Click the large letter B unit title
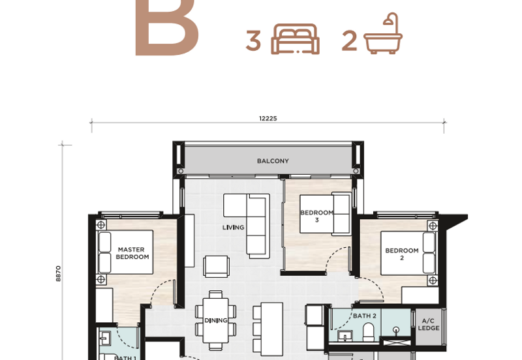coord(166,28)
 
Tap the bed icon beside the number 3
coord(296,39)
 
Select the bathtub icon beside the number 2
coord(383,34)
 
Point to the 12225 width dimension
coord(268,119)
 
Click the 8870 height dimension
coord(58,273)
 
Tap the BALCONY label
coord(273,161)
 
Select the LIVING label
coord(233,228)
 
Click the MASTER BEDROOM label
coord(132,253)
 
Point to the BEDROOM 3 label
coord(316,217)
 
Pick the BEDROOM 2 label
coord(402,254)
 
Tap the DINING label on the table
coord(216,320)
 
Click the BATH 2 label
coord(365,316)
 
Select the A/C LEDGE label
coord(429,324)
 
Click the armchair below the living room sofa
coord(217,267)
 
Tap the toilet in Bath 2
coord(369,333)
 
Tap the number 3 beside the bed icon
coord(253,41)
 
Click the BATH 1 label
coord(125,357)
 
